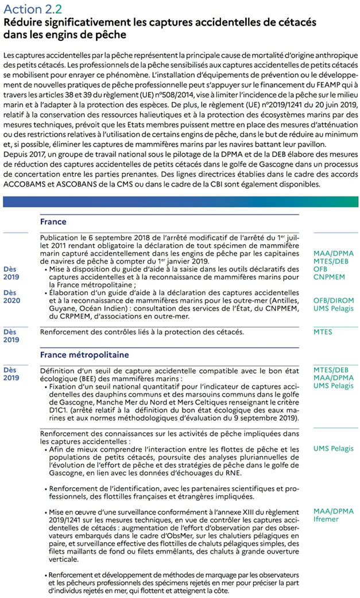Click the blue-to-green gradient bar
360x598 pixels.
click(x=180, y=202)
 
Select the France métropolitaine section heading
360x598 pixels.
click(x=84, y=355)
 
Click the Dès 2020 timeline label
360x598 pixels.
click(x=11, y=296)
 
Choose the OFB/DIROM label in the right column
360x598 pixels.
click(x=334, y=300)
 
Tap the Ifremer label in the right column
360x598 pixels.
click(x=326, y=519)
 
